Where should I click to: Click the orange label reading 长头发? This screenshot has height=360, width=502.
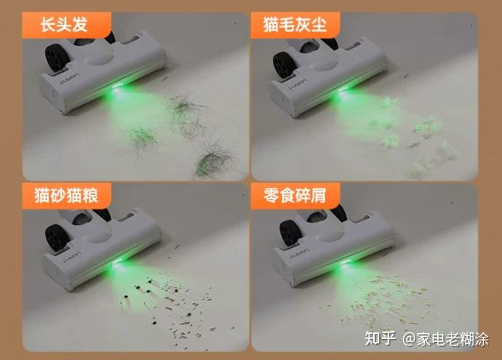67,25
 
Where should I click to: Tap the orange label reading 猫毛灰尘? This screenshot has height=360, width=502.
295,25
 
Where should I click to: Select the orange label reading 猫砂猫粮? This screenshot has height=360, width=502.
67,196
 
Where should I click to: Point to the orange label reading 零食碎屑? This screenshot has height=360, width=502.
295,196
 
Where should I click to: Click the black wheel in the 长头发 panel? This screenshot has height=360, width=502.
57,57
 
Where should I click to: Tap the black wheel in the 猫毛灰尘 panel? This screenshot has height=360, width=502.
285,65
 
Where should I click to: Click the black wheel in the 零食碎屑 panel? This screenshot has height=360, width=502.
291,233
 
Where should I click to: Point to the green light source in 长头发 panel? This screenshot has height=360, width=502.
116,87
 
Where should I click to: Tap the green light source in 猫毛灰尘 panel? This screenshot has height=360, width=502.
344,91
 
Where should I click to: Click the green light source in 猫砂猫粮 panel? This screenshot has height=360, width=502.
117,263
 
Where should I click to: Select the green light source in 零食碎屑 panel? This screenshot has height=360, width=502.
346,263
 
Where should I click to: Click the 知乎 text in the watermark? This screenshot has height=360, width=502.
381,338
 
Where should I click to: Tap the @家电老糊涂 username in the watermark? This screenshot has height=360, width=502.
446,339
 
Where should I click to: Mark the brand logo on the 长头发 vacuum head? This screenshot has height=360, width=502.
70,80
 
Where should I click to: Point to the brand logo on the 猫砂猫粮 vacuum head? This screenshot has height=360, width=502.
72,257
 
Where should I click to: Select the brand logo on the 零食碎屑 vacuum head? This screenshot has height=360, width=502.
300,253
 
